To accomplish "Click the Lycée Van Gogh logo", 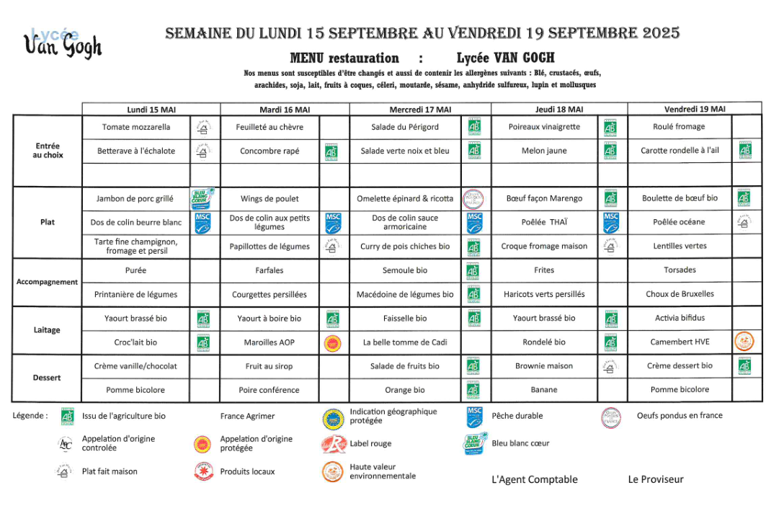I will [x=63, y=43].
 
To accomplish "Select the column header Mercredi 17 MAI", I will [x=420, y=110].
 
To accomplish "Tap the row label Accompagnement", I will [x=47, y=282].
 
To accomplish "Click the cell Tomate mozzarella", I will [x=136, y=127].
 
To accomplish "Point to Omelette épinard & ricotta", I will [x=405, y=198].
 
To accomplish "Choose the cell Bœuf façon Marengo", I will [x=544, y=198].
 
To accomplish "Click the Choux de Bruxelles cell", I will [x=680, y=294].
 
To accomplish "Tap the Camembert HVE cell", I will [x=680, y=342].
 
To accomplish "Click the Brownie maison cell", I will [x=544, y=366].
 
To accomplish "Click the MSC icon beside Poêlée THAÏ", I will [x=610, y=222].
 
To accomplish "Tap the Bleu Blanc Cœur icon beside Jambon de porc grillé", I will [x=203, y=198].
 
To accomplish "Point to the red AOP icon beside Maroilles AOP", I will [x=332, y=342].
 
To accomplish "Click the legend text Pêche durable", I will [x=517, y=416].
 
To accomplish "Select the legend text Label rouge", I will [x=370, y=444].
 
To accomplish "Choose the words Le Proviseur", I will [x=656, y=479].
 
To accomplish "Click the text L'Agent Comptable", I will [x=534, y=479].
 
